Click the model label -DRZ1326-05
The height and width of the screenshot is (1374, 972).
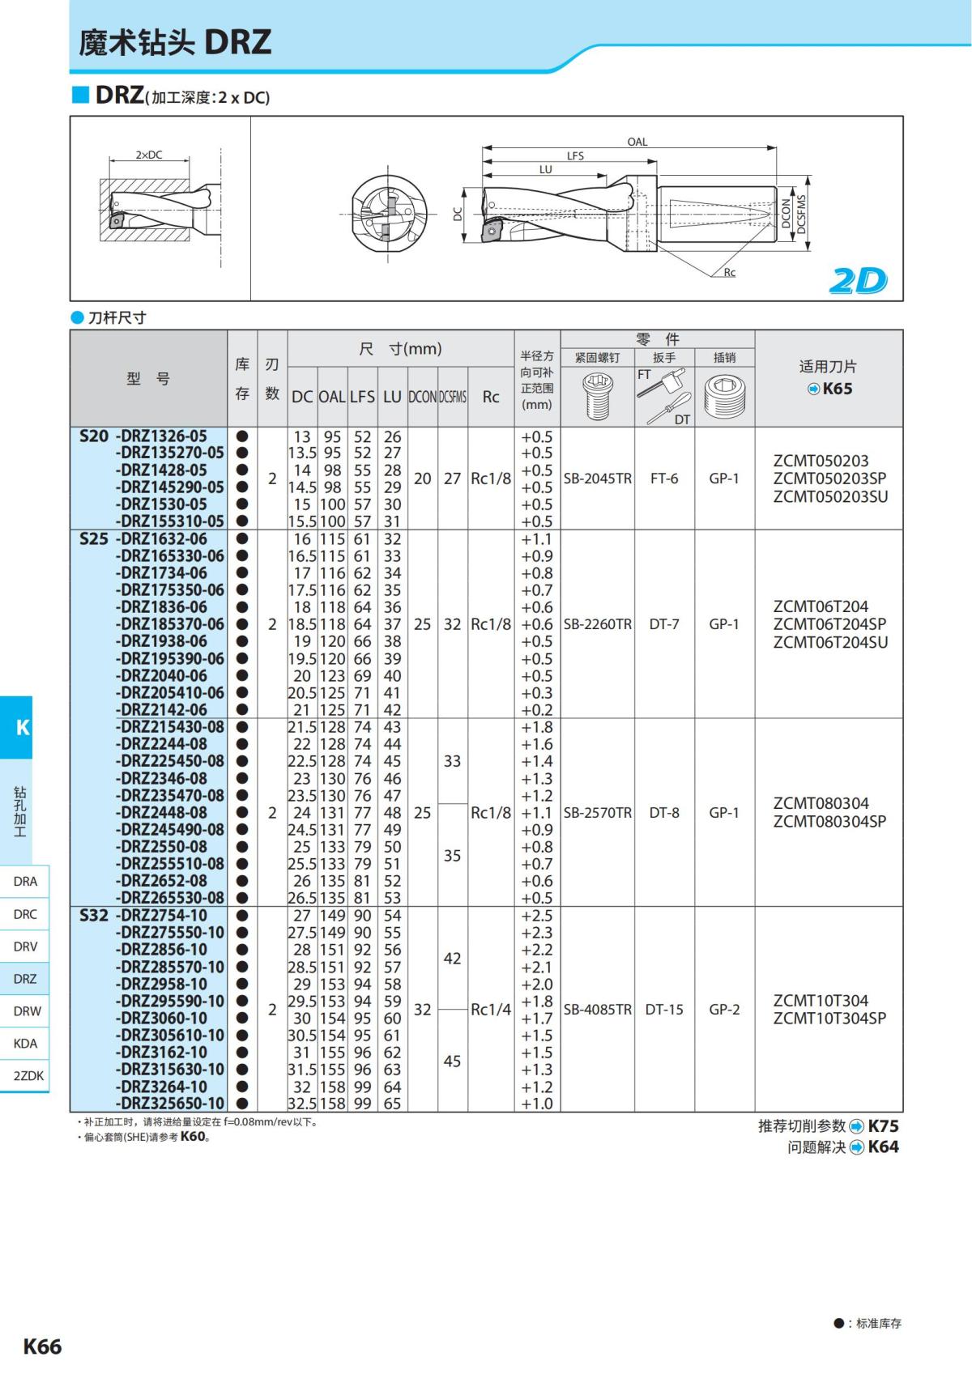click(161, 436)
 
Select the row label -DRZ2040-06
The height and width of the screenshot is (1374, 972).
click(161, 676)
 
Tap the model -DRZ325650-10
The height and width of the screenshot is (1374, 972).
click(169, 1104)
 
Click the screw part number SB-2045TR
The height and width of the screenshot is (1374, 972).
click(597, 479)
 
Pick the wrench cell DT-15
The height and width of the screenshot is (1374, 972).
click(664, 1010)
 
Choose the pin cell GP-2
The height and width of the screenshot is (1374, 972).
click(724, 1010)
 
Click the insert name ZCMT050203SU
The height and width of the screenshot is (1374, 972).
click(830, 496)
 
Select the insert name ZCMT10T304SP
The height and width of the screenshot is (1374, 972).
click(829, 1019)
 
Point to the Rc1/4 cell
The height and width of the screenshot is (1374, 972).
click(491, 1010)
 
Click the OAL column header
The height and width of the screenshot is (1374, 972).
click(332, 397)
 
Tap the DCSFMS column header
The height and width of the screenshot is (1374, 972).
click(453, 397)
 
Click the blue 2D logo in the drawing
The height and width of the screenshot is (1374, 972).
click(858, 281)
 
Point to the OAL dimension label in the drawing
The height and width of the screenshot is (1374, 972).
click(637, 142)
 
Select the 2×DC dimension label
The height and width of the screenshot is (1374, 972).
click(148, 155)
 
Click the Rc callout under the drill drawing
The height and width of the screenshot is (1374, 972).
click(729, 273)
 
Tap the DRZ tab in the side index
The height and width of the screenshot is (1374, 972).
click(25, 979)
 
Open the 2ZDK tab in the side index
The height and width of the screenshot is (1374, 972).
click(28, 1076)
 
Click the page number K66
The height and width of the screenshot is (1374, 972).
click(42, 1346)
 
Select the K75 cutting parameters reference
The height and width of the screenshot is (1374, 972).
click(883, 1126)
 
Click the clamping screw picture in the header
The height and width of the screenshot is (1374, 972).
click(597, 397)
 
